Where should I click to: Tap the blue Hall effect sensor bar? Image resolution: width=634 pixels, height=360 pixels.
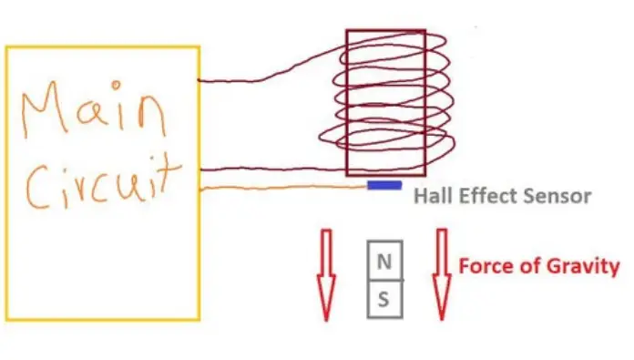[383, 186]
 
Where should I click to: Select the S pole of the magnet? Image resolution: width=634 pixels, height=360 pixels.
[384, 298]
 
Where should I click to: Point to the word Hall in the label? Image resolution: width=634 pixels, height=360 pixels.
[430, 196]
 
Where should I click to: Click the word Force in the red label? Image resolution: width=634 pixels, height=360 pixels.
[483, 267]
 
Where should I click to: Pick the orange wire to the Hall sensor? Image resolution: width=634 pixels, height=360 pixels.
[282, 188]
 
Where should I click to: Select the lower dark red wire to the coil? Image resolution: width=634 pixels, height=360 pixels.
[264, 169]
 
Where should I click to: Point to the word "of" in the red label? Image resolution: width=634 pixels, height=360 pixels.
[525, 267]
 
